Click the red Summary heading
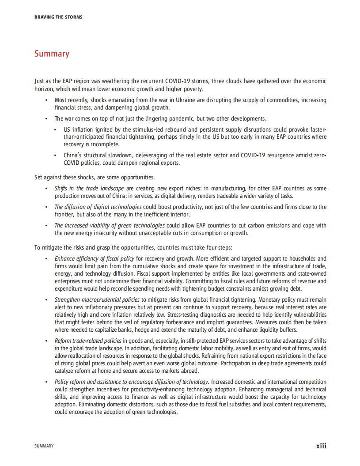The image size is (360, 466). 52,54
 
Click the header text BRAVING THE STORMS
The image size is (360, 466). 58,17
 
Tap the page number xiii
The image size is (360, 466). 321,446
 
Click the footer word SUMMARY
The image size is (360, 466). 44,446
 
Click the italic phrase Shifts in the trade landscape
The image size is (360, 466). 83,188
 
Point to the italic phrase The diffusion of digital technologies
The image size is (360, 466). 98,207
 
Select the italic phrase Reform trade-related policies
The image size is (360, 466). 88,341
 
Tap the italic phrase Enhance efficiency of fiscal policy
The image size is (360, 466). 95,258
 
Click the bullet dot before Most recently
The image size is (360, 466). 46,101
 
